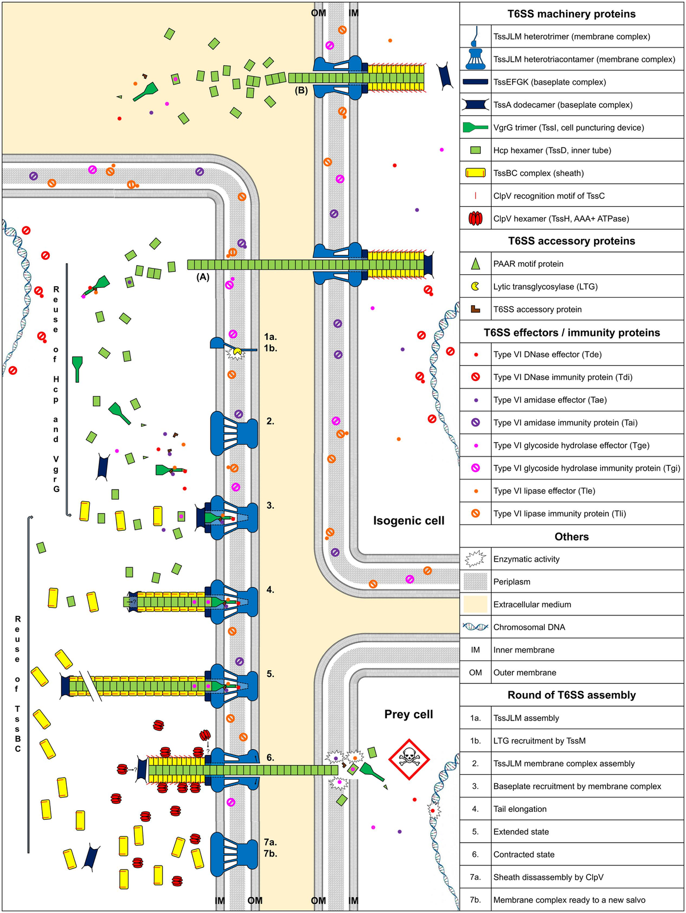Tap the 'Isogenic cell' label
coord(408,520)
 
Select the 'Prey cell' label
coord(408,714)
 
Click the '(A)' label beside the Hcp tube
coord(202,277)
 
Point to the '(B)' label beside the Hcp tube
coord(301,90)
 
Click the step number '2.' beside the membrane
coord(270,422)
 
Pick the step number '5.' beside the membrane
coord(270,674)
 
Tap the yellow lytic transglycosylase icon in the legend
coord(475,286)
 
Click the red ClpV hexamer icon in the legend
coord(475,218)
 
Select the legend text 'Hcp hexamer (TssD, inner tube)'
coord(552,150)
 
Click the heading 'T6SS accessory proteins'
coord(572,241)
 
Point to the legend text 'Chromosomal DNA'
coord(529,627)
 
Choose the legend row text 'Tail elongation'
coord(520,809)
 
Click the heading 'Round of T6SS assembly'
coord(572,695)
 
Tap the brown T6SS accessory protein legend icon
coord(475,309)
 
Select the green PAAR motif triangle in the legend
coord(475,263)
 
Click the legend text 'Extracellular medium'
coord(532,604)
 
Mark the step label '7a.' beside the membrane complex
coord(270,842)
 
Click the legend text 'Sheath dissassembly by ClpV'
coord(548,877)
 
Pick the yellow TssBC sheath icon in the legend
coord(475,173)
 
